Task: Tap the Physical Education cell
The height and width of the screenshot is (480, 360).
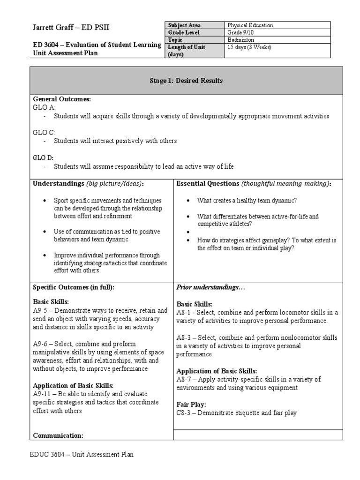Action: point(250,25)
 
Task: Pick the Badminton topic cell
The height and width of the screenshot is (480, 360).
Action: point(240,40)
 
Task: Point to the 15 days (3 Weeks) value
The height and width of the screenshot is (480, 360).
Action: point(249,47)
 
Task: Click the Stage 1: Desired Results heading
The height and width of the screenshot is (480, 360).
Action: point(186,81)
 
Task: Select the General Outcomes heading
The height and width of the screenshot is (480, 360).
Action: point(61,99)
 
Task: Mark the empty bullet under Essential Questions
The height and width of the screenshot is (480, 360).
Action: point(188,232)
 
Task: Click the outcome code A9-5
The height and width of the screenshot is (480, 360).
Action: point(40,310)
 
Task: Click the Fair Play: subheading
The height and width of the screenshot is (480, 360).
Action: point(190,404)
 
